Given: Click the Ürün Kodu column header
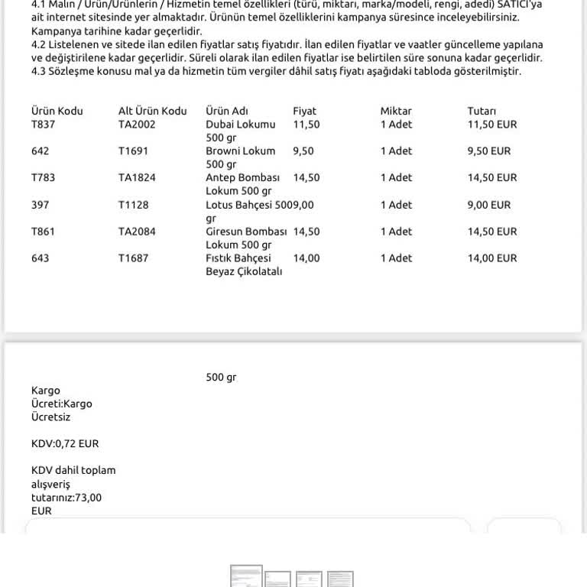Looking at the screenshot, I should coord(57,111).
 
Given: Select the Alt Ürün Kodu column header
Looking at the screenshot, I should coord(152,111).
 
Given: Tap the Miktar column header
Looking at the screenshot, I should coord(396,111).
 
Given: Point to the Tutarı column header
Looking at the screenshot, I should coord(482,111).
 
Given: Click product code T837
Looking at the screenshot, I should coord(43,124).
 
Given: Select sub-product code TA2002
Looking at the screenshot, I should coord(137,124).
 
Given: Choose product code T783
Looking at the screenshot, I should coord(43,177).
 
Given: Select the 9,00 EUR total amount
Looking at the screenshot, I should coord(489,205).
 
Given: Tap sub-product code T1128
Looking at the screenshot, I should coord(134,205).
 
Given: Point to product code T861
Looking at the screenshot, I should coord(43,232).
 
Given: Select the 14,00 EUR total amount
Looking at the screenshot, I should coord(492,258).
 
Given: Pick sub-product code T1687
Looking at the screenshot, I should coord(134,258).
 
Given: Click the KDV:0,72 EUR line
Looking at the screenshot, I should coord(65,443).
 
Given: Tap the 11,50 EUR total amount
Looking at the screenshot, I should coord(492,124).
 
